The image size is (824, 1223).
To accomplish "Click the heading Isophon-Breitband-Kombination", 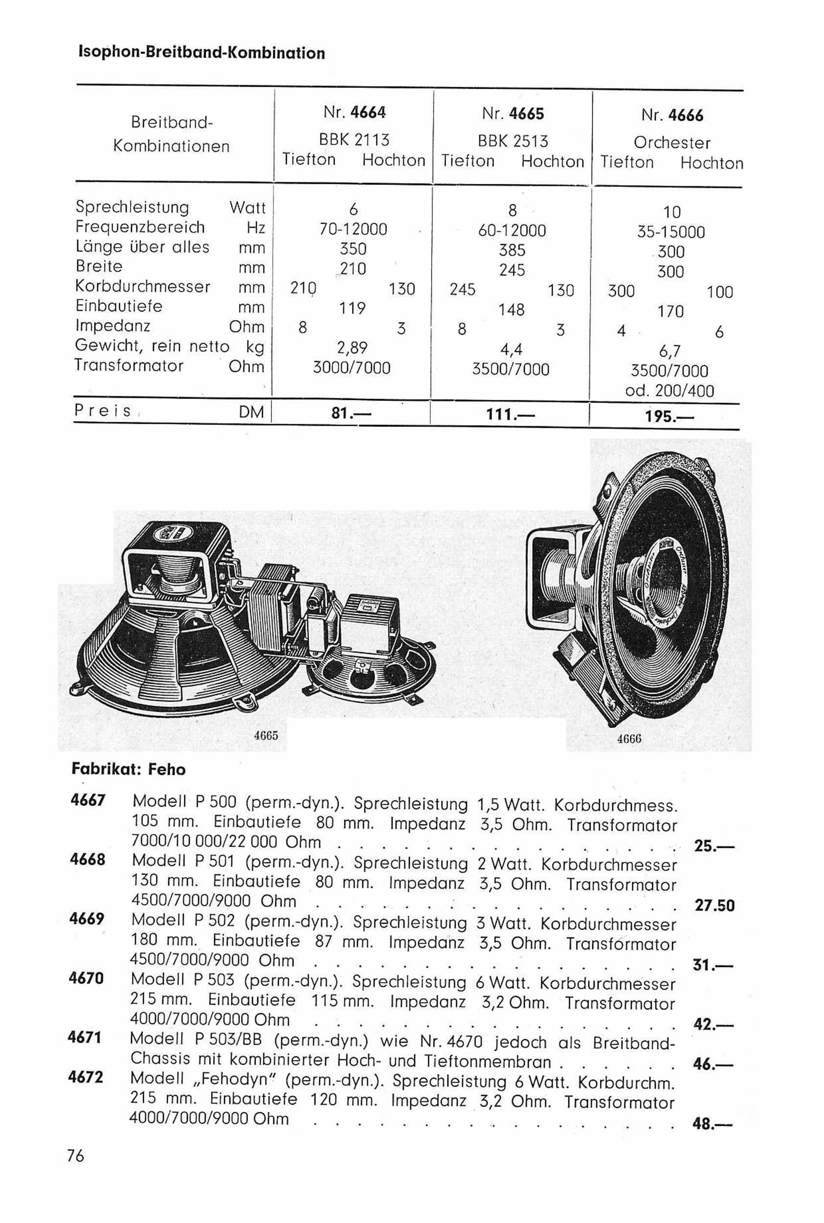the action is coord(202,52).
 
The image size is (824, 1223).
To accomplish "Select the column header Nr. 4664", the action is coord(354,112).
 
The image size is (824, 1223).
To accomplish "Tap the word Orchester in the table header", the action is coord(672,142).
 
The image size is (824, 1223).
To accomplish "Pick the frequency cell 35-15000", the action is coord(671,232).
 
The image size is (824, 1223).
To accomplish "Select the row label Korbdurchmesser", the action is coord(143,287).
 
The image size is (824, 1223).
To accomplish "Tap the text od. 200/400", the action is coord(669,390).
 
